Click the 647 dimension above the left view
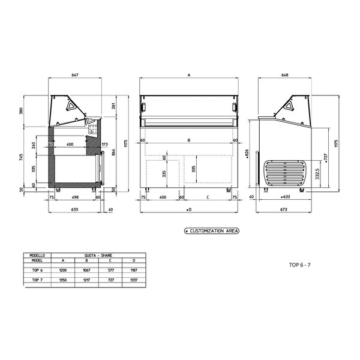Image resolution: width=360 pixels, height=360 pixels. (x=76, y=75)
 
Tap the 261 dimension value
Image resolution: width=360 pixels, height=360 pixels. (x=113, y=106)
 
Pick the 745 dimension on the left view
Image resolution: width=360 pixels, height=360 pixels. (x=20, y=157)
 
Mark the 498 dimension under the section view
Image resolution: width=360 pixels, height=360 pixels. (x=75, y=196)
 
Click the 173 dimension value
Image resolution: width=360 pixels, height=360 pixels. (x=104, y=145)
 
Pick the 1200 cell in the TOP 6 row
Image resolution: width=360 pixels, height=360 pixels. (x=63, y=271)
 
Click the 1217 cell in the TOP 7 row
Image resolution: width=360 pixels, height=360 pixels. (x=86, y=280)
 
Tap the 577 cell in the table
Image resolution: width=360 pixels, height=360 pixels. (x=110, y=271)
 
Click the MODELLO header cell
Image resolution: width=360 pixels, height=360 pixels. (x=37, y=255)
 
